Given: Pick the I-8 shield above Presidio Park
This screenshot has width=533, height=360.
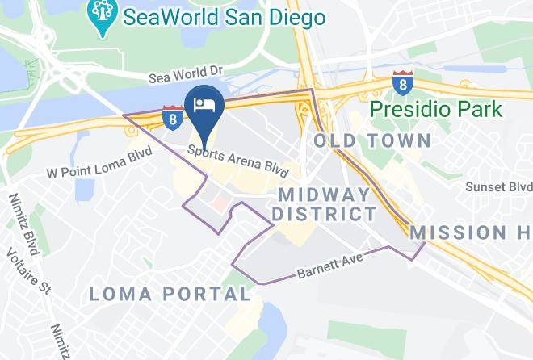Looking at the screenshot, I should point(401,83).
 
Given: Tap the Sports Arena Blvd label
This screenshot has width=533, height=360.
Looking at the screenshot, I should point(237,157).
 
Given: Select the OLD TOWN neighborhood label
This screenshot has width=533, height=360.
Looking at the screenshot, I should point(372,140).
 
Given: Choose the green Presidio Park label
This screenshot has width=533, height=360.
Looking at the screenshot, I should point(436,109).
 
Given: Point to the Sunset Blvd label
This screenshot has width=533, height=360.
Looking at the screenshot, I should point(499,186).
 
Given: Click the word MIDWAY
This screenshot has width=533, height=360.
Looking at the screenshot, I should point(324,195).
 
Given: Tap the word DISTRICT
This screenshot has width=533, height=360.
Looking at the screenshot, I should point(324,214).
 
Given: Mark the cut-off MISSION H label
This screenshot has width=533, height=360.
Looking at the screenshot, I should point(471,232).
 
